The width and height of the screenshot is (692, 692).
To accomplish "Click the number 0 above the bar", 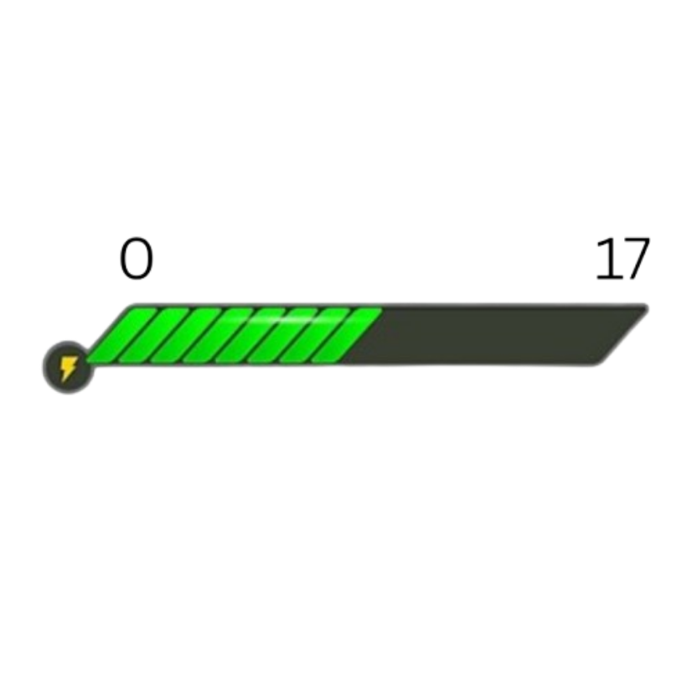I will point(136,259).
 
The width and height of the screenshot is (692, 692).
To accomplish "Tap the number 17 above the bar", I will point(622,259).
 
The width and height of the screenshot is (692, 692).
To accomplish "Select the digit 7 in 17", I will point(635,259).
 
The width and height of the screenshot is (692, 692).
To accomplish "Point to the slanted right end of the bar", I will point(624,331).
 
